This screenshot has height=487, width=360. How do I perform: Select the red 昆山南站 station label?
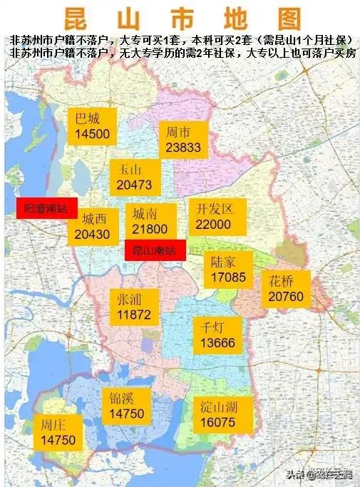pos(154,250)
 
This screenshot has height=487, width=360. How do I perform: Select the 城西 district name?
pos(93,218)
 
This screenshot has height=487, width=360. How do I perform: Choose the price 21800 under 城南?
pos(150,229)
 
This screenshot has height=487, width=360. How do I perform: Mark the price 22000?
pos(213,225)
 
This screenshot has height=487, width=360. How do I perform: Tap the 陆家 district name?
pos(223,261)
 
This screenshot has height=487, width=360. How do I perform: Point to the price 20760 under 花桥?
pos(287,295)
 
